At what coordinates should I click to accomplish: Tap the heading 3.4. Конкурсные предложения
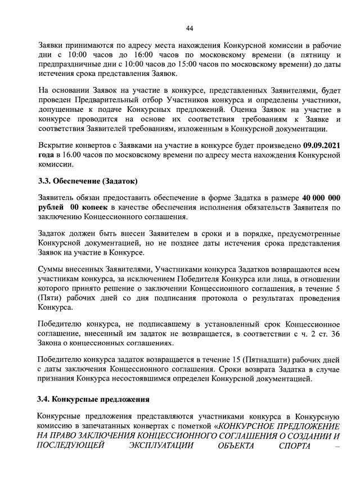[93, 400]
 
